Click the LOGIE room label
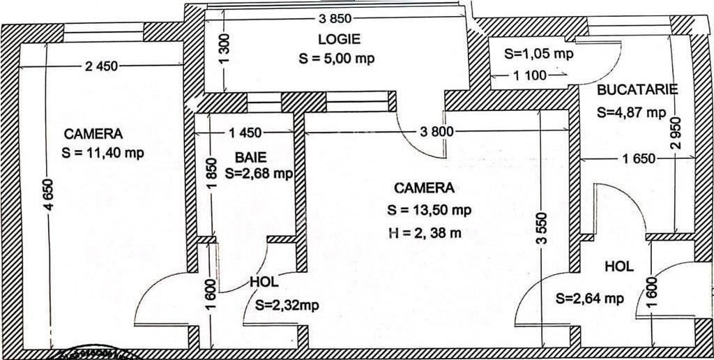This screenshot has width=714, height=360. pos(339,39)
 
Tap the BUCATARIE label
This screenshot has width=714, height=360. pos(637,89)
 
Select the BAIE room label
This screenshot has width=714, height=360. pos(250,158)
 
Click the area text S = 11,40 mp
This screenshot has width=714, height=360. pos(102,153)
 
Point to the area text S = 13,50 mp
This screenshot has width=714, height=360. pos(429,210)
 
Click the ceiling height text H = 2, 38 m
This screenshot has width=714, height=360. pos(425,233)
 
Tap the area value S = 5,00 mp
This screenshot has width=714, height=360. pos(337,59)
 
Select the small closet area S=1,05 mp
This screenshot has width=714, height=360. pos(539,53)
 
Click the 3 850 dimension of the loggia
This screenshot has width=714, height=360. pos(335,19)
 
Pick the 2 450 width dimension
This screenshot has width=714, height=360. pos(101,66)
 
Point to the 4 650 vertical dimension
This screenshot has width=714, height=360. pos(50,195)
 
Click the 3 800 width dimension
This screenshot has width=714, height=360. pos(436,132)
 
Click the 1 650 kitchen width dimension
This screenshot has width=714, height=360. pos(639,158)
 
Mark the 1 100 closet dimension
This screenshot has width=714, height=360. pos(530,75)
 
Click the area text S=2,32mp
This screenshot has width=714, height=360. pos(287,306)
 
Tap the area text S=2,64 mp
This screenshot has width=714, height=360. pos(590,299)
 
